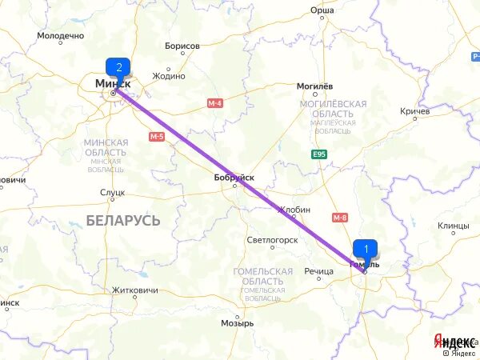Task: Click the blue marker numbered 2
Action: click(118, 68)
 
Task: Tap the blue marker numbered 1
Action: click(366, 248)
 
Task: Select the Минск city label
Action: click(113, 82)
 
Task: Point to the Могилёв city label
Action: click(314, 86)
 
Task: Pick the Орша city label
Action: click(323, 10)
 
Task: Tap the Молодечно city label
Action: click(60, 37)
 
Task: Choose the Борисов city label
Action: click(182, 46)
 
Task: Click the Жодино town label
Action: click(169, 76)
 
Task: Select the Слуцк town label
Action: click(113, 193)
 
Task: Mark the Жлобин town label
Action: click(294, 210)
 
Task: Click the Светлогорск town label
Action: click(272, 239)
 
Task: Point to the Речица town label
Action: click(318, 271)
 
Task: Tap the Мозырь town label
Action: click(238, 323)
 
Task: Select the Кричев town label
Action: click(414, 111)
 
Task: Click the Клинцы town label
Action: click(454, 226)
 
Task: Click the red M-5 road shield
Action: click(156, 137)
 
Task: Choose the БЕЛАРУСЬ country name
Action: click(123, 219)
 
